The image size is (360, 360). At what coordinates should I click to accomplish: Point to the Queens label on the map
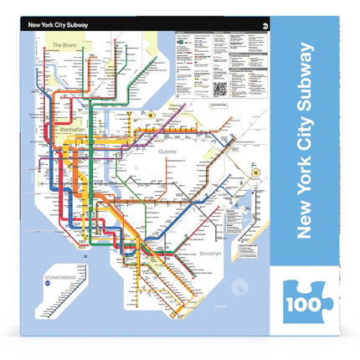pos(174,152)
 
